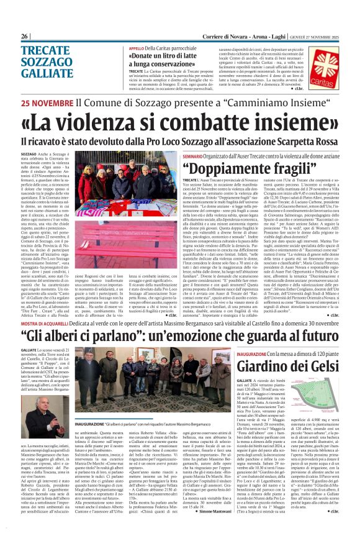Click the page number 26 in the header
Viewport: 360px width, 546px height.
[24, 37]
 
